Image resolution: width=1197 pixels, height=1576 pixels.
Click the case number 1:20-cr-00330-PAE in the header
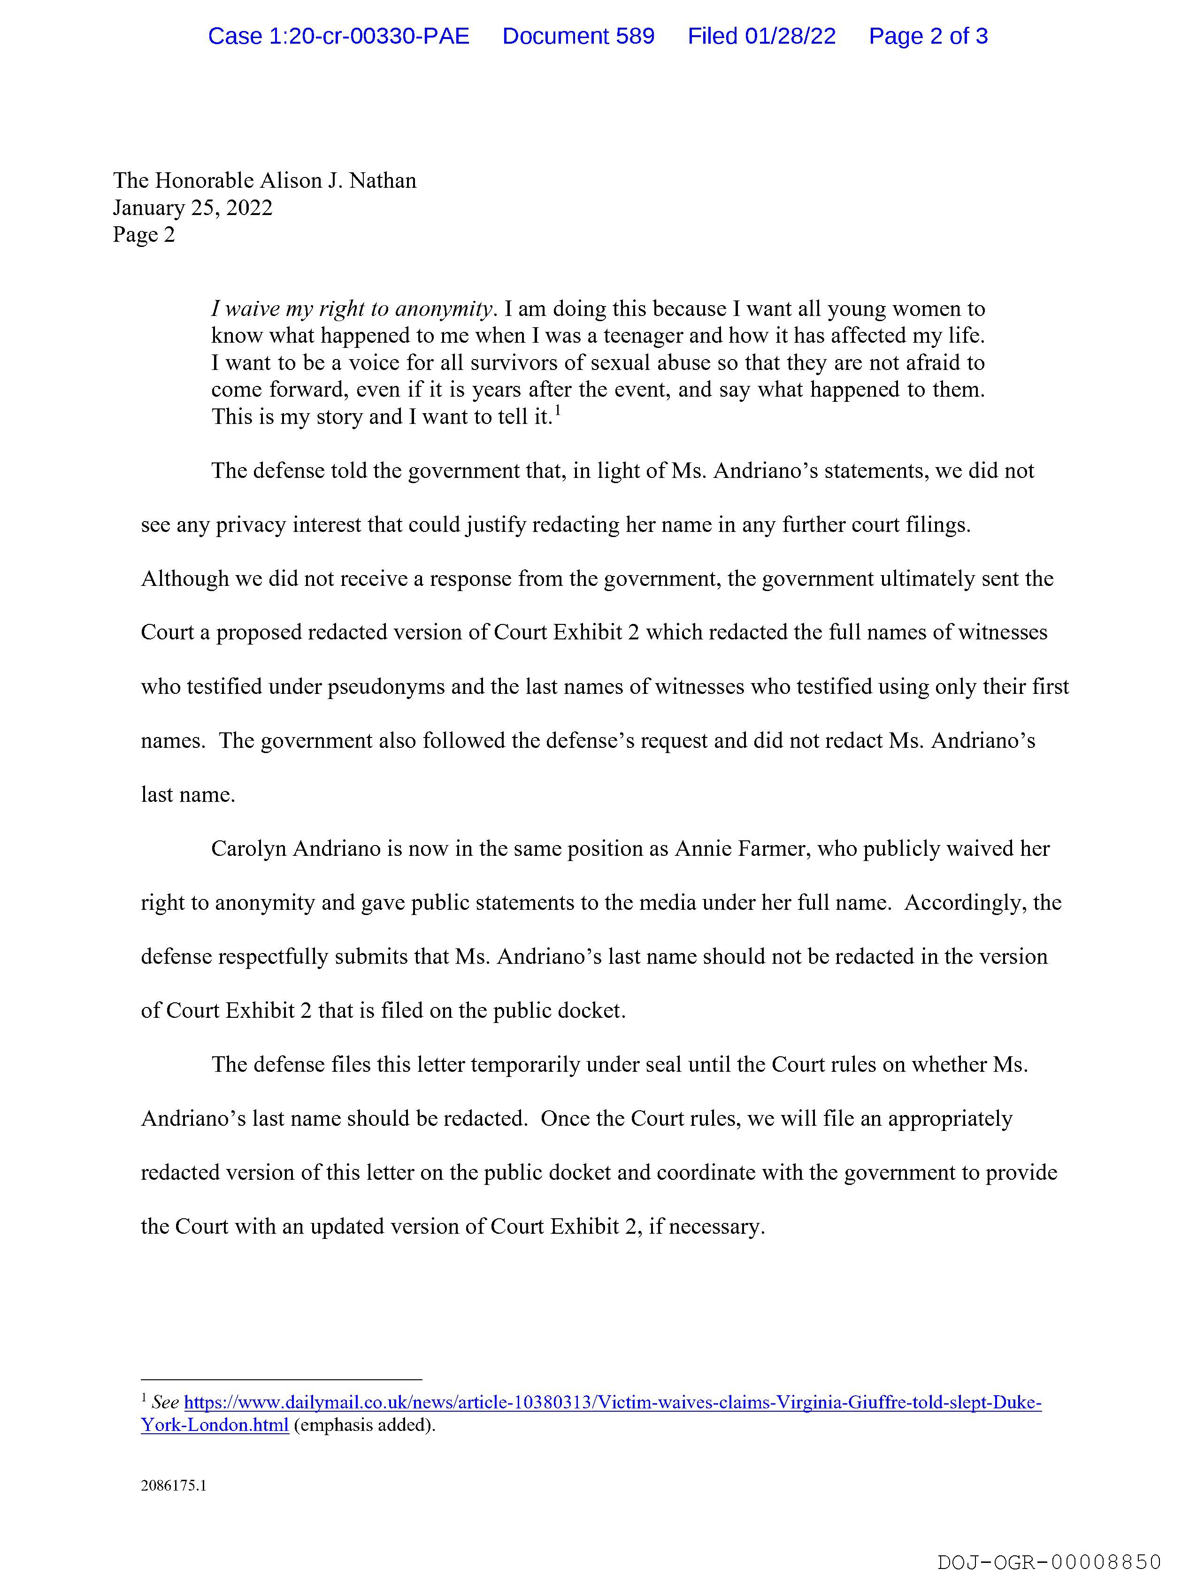(338, 36)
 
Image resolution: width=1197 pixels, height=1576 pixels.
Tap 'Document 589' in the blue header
(578, 36)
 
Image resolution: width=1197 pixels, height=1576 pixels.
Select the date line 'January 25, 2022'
(192, 208)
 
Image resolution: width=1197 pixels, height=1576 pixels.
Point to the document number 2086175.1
(173, 1486)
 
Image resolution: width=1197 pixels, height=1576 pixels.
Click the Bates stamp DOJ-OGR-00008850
(1049, 1562)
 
